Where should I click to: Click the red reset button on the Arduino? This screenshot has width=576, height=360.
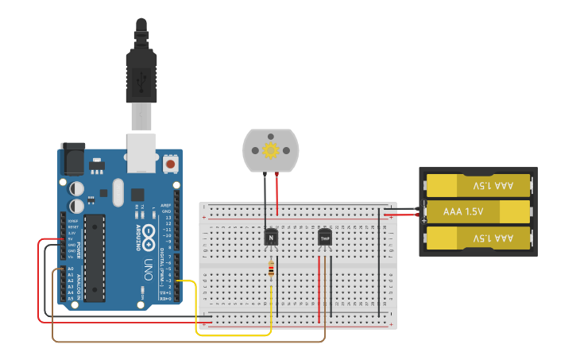click(x=170, y=165)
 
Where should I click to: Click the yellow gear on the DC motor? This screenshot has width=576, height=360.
click(x=270, y=150)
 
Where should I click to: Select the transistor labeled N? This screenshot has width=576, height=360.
click(x=271, y=237)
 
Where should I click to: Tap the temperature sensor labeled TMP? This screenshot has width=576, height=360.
click(x=324, y=237)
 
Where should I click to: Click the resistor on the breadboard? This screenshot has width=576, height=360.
click(x=272, y=271)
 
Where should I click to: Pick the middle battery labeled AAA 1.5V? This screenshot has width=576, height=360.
click(x=475, y=211)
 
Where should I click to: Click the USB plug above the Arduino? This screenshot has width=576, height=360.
click(x=141, y=75)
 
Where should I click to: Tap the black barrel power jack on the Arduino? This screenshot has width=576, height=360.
click(x=73, y=159)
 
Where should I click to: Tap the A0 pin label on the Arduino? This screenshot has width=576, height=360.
click(x=70, y=269)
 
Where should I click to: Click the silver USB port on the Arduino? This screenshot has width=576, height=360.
click(x=141, y=153)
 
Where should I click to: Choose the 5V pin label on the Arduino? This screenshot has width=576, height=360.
click(x=70, y=238)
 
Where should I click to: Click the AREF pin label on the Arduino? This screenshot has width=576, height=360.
click(x=166, y=205)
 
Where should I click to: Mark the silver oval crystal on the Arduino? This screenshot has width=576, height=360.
click(x=118, y=192)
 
